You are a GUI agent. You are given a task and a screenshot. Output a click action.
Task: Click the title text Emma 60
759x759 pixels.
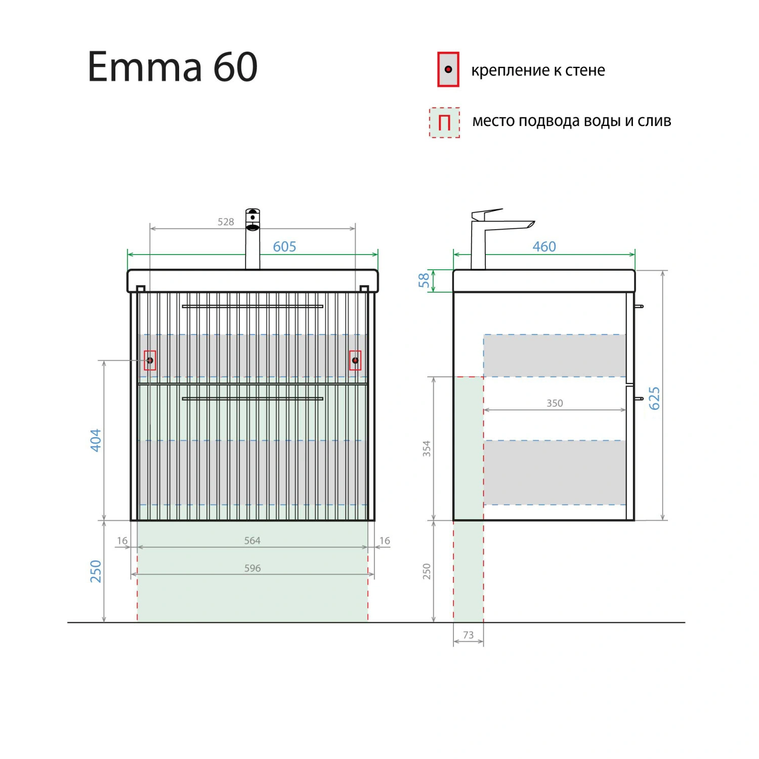coord(173,67)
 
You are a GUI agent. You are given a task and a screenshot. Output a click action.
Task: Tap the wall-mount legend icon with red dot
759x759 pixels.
coord(448,69)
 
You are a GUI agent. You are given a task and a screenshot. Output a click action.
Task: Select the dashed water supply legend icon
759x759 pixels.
coord(444,122)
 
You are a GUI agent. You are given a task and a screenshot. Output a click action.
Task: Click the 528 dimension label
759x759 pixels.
coord(226,222)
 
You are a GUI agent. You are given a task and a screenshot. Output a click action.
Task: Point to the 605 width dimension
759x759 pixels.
coord(284,246)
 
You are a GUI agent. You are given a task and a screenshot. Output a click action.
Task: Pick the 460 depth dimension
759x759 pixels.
coord(544,246)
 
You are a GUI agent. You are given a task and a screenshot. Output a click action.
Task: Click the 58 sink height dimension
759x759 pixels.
coord(424,280)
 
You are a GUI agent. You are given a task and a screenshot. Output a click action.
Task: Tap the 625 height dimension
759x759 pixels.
coord(654,398)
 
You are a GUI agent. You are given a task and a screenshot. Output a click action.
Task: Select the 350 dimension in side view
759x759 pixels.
coord(555,403)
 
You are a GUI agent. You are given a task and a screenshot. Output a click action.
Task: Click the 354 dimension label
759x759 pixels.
coord(427,449)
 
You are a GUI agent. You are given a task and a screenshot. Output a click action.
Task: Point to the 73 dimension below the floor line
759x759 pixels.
coord(469,635)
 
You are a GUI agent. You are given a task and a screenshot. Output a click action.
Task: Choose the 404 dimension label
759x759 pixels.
coord(96,440)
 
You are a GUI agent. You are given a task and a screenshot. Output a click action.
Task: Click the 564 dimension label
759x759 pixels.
coord(252,540)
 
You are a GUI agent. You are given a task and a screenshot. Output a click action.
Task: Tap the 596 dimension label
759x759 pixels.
coord(252,568)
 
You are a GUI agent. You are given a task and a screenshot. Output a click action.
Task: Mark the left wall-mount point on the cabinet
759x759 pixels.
coord(150,360)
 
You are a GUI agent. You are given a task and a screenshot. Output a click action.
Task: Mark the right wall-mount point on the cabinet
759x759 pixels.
coord(355,360)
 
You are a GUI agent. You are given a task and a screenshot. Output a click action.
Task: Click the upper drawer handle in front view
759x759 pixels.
coord(252,306)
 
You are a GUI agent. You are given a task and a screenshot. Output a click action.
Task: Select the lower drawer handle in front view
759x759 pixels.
coord(252,399)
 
